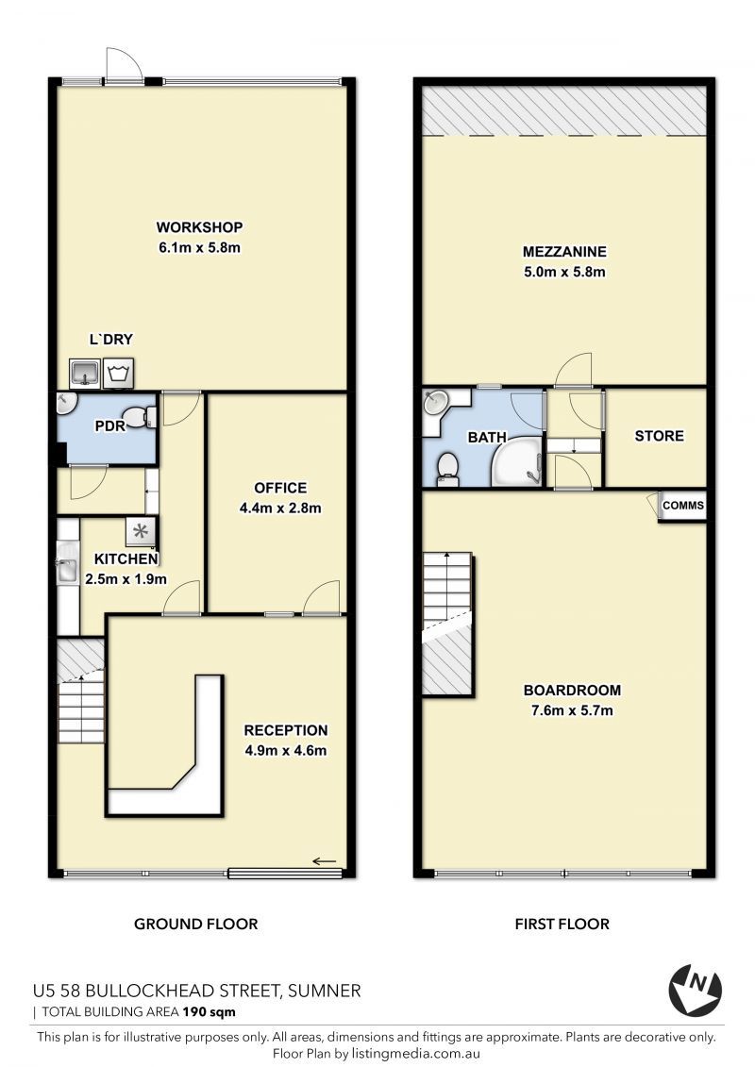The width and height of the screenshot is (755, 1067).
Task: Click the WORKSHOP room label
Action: tap(199, 227)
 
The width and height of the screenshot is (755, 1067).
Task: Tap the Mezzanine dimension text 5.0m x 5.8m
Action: tap(564, 272)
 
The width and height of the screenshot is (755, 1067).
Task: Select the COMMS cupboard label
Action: tap(683, 506)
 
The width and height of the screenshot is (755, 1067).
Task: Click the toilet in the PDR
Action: tap(141, 416)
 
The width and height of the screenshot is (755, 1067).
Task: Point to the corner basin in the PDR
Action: tap(65, 404)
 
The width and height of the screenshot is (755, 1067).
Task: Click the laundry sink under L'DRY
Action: tap(85, 373)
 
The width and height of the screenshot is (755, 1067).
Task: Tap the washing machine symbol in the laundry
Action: tap(119, 373)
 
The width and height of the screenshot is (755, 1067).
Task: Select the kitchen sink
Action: tap(67, 562)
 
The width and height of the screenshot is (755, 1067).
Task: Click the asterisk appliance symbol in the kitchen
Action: tap(141, 531)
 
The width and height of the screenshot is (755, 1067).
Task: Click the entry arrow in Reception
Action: tap(325, 861)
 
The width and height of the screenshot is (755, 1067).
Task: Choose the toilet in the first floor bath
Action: tap(447, 469)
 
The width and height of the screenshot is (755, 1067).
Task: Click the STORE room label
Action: tap(659, 436)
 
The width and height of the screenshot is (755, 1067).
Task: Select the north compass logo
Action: tap(695, 990)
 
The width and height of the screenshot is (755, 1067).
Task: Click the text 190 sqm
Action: tap(209, 1012)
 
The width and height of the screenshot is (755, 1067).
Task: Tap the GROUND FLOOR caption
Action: tap(196, 925)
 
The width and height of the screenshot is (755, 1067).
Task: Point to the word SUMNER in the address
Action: tap(325, 991)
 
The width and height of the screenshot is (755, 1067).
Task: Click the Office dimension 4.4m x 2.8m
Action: tap(280, 508)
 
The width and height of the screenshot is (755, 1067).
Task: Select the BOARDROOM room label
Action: tap(572, 690)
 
